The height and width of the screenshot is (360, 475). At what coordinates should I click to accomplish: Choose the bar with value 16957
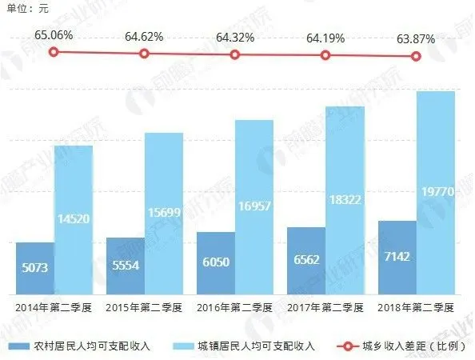coord(255,207)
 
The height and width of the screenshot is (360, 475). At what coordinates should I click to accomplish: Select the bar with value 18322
coord(345,201)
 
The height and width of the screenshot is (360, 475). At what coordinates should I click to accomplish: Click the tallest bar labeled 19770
coord(436,193)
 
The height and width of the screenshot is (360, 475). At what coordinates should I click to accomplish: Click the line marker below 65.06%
coord(54,52)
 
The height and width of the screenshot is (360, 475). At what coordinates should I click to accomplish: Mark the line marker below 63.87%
coord(416,56)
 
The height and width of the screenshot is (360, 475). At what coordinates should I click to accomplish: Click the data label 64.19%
coord(325,37)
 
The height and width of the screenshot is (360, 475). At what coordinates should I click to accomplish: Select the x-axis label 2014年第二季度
coord(54,307)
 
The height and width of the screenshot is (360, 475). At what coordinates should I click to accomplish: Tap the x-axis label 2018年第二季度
coord(416,307)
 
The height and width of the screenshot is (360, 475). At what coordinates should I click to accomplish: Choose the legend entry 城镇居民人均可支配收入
coord(255,346)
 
